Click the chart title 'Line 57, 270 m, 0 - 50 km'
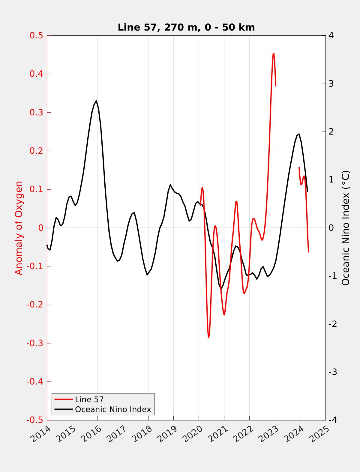(186, 27)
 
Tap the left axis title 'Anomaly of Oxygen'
(19, 228)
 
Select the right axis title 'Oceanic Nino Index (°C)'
(346, 228)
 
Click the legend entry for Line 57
(89, 399)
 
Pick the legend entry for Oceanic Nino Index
(113, 409)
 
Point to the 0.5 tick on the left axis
(36, 36)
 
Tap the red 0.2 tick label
(36, 151)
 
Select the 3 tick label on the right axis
(331, 84)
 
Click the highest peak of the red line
(274, 54)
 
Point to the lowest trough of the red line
(208, 338)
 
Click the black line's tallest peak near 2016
(96, 101)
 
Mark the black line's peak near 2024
(299, 134)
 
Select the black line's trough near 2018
(147, 275)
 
